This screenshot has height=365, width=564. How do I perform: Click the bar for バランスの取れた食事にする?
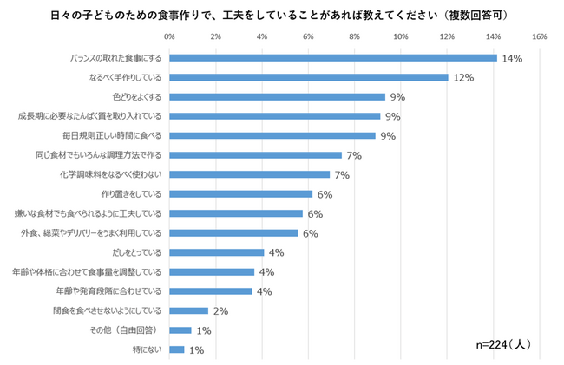[x=332, y=58]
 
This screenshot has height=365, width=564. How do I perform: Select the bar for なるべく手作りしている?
[x=308, y=77]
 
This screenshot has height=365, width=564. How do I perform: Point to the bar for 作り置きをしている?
[x=240, y=193]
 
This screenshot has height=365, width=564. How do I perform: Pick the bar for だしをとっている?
[x=216, y=252]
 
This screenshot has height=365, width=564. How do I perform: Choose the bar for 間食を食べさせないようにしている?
[x=188, y=310]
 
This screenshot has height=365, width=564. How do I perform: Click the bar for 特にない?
[x=177, y=349]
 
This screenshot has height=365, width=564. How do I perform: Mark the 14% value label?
[x=511, y=58]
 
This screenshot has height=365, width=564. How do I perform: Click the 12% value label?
[x=462, y=77]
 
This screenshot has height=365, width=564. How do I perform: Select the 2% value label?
[x=220, y=310]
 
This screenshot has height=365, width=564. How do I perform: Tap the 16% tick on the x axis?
[x=538, y=36]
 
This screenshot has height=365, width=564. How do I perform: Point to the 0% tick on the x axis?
[x=169, y=36]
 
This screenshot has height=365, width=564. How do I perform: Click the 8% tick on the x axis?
[x=354, y=36]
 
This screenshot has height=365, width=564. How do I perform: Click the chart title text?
[x=281, y=16]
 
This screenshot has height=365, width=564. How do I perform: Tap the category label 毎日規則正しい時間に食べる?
[x=112, y=135]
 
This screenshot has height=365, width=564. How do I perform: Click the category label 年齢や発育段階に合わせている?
[x=108, y=291]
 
